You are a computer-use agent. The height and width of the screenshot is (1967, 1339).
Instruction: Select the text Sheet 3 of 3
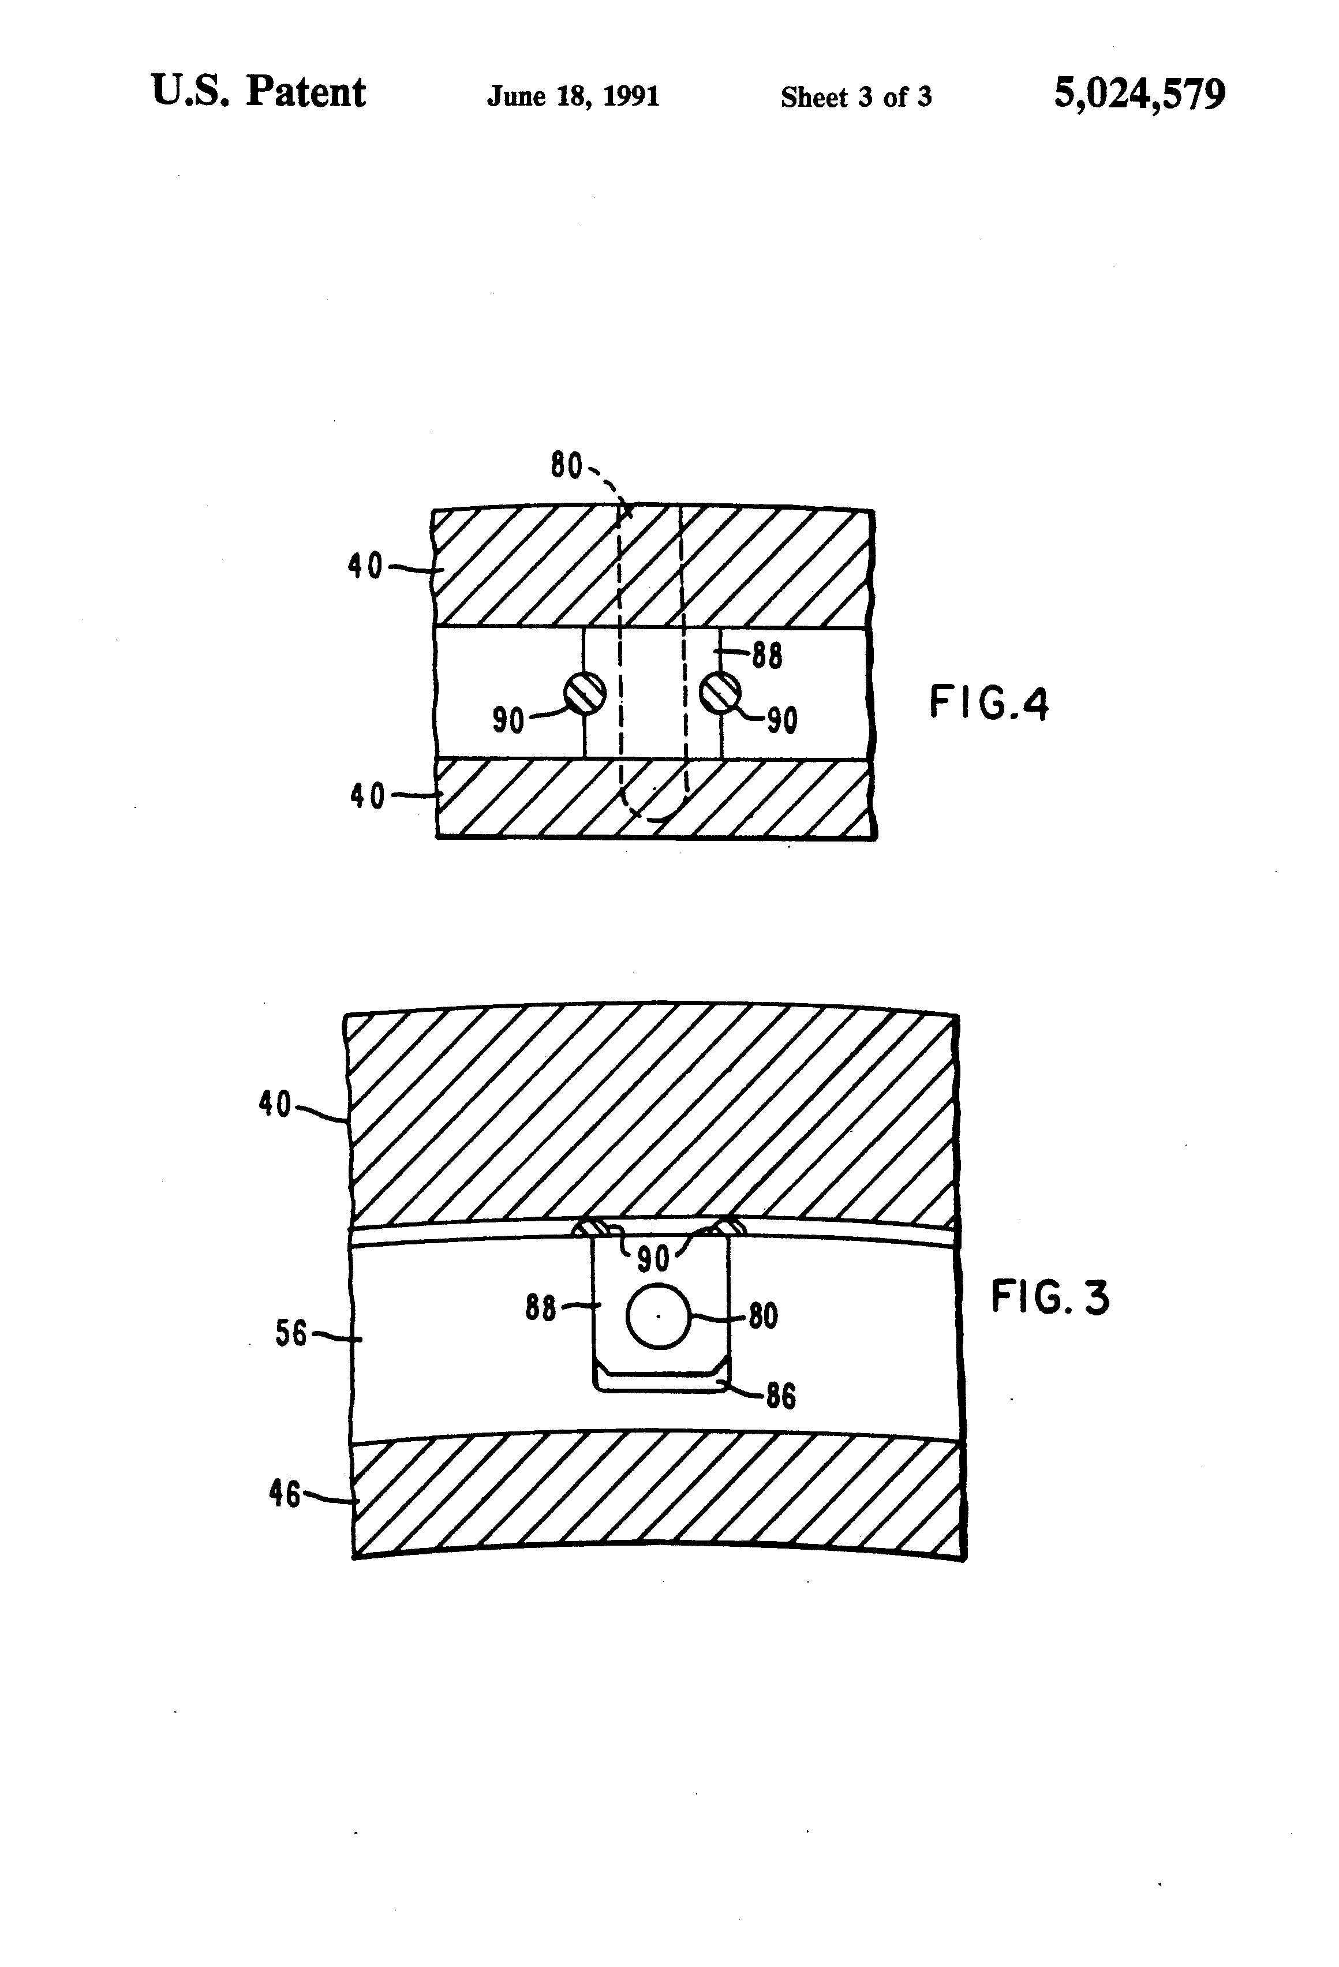pos(856,98)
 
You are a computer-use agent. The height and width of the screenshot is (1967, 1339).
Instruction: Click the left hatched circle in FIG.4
pos(585,693)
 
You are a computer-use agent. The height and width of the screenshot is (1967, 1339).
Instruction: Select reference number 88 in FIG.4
pos(767,656)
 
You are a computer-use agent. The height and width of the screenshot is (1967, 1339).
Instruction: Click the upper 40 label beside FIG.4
pos(366,566)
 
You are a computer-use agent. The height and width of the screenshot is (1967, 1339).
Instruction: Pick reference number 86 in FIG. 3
pos(780,1396)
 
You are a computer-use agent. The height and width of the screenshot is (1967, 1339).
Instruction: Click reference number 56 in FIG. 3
pos(290,1334)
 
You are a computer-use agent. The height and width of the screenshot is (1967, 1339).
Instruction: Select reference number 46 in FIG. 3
pos(285,1494)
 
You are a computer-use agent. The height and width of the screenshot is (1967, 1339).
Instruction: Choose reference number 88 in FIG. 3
pos(540,1308)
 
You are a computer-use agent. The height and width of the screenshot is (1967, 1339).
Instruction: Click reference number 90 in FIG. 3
pos(653,1259)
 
